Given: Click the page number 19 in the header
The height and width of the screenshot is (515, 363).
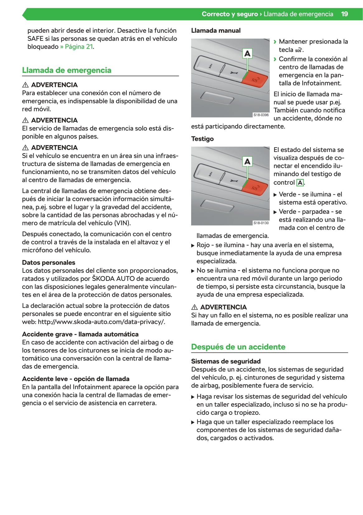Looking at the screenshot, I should [x=344, y=14].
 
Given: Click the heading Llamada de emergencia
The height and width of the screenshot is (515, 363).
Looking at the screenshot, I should [x=67, y=70].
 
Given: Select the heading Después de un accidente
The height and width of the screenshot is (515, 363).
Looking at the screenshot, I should [x=238, y=347].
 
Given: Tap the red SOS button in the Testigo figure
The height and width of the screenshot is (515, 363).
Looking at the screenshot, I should [x=255, y=187].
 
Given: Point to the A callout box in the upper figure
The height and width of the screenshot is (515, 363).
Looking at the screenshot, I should [x=247, y=54].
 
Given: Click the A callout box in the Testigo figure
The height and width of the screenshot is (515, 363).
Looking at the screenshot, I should [x=247, y=162].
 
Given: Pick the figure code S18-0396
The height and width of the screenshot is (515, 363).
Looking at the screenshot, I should [x=261, y=115].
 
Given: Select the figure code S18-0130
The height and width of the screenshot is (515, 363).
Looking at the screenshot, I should [x=261, y=223].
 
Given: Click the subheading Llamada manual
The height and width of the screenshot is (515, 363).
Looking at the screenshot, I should [x=216, y=31].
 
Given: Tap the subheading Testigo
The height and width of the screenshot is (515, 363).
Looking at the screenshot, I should [x=202, y=139].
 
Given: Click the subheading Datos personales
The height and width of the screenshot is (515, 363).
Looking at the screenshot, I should [x=49, y=262].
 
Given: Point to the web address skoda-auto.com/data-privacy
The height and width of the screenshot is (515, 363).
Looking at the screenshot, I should [x=101, y=322].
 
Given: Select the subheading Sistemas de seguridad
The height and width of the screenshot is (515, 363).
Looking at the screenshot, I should [x=226, y=361].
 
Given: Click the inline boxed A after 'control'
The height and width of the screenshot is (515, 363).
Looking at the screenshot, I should [x=300, y=183].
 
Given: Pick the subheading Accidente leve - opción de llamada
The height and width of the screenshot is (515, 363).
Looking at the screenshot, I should [x=76, y=379].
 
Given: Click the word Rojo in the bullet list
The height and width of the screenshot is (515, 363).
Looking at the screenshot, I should [x=203, y=245].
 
